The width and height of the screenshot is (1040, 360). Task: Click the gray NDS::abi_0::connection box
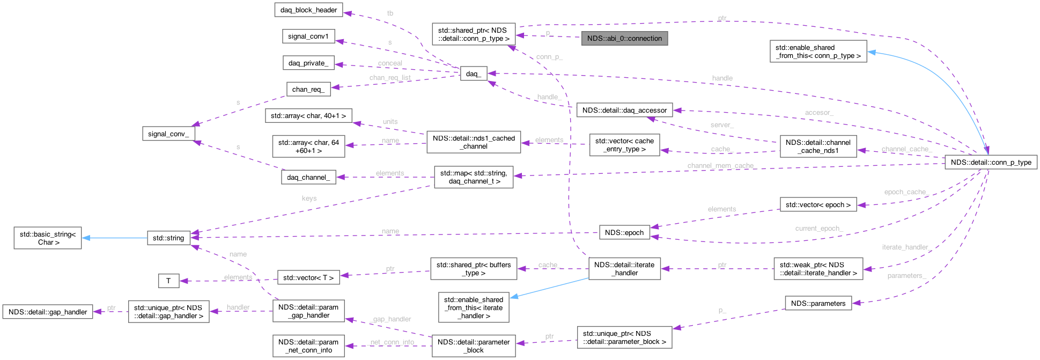624,39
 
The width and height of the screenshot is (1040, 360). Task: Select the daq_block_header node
308,10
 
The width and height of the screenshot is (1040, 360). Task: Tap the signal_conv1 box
308,36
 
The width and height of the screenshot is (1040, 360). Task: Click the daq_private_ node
308,63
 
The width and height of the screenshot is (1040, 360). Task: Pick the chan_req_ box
308,89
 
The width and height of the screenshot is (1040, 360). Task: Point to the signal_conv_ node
168,134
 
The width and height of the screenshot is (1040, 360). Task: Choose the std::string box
168,238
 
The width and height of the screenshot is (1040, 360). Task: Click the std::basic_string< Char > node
48,238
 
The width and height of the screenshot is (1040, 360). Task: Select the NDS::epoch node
624,233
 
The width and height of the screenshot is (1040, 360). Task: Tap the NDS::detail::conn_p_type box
991,162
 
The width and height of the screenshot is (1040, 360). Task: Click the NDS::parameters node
818,303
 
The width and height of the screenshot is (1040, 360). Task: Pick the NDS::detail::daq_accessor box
624,111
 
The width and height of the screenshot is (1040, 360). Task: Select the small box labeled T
168,281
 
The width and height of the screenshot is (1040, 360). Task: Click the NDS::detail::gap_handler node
48,312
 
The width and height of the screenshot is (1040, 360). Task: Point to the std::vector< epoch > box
818,204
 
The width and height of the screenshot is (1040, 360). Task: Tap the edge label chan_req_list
390,78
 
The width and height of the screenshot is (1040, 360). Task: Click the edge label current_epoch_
819,229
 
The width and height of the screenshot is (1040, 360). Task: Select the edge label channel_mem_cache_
721,166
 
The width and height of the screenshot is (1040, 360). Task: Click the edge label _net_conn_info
392,342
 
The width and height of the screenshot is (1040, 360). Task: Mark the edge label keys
309,199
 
